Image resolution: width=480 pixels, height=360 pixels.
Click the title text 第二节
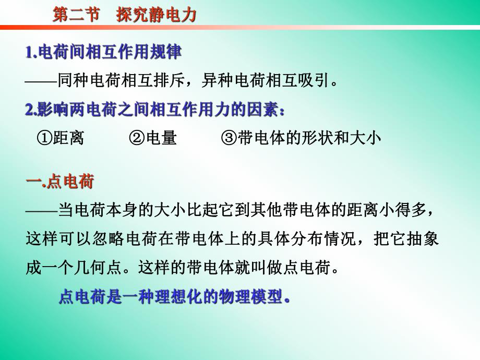coord(76,15)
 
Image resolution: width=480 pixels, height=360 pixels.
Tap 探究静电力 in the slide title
coord(157,15)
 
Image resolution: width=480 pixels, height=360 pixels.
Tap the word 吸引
coord(315,81)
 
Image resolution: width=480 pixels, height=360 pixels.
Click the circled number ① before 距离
coord(44,138)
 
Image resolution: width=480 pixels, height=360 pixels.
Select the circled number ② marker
coord(137,138)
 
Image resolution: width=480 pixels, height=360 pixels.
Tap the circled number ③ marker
coord(229,138)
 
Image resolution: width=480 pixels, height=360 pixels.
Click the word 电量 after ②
coord(161,138)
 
